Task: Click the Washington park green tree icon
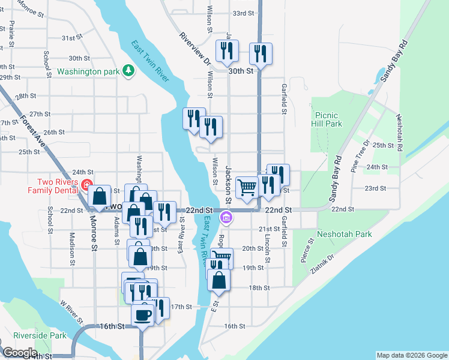(x=128, y=71)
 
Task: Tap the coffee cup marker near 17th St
(x=143, y=314)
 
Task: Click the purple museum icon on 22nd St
(x=226, y=217)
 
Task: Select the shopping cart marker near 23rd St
(x=247, y=188)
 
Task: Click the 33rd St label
(x=243, y=13)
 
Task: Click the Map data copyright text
(x=412, y=355)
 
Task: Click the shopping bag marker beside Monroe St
(x=99, y=197)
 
